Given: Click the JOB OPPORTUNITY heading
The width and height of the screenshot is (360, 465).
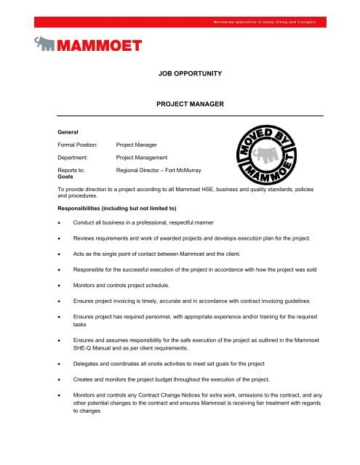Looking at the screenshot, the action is tap(189, 74).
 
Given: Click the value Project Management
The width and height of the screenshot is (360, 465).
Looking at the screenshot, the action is tap(147, 157).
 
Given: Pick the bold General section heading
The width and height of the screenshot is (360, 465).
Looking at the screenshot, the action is tap(67, 132).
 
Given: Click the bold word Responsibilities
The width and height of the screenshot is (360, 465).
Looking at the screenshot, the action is tap(82, 207).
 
